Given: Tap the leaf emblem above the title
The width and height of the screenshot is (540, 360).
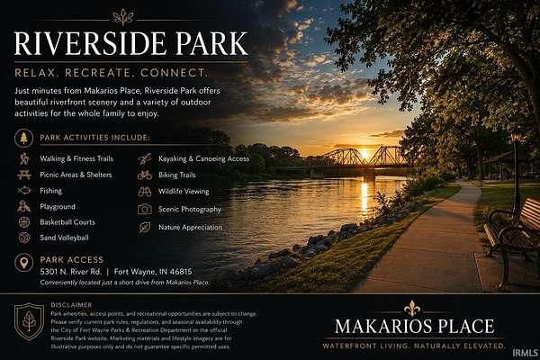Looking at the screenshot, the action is coord(123,17).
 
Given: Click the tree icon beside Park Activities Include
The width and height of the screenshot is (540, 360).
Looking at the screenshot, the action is coord(23,138).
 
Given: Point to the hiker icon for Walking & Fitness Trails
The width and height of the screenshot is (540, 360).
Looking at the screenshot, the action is coord(24,158).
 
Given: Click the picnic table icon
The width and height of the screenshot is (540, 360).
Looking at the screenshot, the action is coord(24,175).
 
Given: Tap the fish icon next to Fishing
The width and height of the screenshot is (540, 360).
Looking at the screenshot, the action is coord(24,191).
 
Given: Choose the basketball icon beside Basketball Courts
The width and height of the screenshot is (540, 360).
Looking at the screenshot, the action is coord(24,222).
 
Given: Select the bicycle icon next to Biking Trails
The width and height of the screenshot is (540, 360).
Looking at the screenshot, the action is coord(145,175).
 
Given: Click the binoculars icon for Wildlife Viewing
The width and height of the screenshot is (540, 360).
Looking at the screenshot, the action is coord(145,192).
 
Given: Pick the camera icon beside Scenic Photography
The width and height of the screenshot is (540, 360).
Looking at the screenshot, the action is coord(145,209).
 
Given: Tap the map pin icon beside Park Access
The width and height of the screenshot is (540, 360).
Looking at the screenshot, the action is coord(23,263).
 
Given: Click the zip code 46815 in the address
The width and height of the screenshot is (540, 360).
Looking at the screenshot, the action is coord(181,272).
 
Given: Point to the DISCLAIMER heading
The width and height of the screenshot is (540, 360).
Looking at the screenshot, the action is coord(71,305).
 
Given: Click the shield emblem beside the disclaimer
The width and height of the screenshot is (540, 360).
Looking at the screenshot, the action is coord(30,321).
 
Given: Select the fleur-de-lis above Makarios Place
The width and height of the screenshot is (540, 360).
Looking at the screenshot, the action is coord(412,308).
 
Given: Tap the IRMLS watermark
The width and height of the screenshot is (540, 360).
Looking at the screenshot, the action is coord(526,353).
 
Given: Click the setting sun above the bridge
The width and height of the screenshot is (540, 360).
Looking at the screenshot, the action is coord(365,155).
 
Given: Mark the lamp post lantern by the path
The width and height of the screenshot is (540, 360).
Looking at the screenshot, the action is coord(516,134).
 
